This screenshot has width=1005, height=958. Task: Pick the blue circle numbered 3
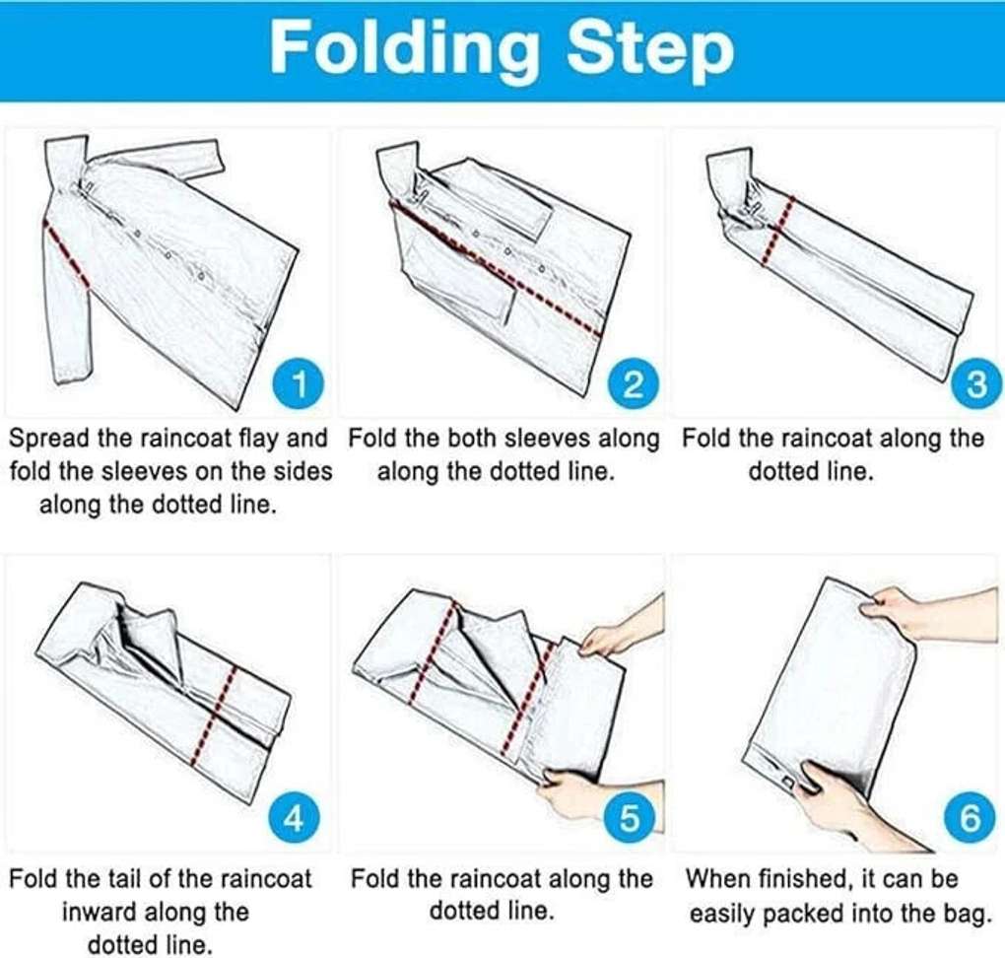click(974, 385)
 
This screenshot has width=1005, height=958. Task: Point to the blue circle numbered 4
click(293, 819)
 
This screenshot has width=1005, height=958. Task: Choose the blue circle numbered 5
click(629, 819)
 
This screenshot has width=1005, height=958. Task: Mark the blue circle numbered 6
click(970, 819)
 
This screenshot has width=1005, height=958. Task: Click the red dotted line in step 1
click(66, 255)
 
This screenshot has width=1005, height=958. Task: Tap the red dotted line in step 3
click(777, 230)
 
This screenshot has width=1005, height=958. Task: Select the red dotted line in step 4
click(214, 715)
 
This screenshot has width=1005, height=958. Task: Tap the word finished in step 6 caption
click(802, 878)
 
